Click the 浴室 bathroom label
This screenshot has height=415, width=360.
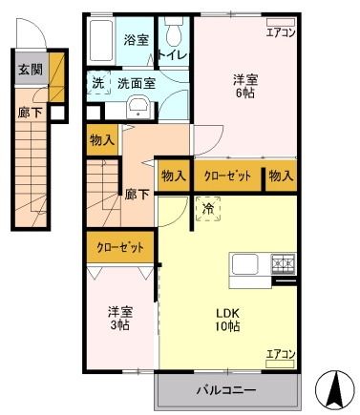point(136,40)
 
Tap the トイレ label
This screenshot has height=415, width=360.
point(175,55)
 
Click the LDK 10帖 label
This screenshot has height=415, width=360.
point(226,319)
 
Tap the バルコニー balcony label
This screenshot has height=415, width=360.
point(226,390)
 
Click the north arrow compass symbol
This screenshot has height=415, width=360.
point(335,386)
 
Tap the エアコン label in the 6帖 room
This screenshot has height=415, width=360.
point(281,32)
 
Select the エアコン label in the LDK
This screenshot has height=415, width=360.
point(281,354)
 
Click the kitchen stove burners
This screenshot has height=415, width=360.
point(284,261)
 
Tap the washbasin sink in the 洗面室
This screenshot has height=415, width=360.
point(136,106)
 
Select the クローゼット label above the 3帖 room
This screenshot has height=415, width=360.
point(120,247)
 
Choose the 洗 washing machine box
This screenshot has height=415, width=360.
point(98,83)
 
